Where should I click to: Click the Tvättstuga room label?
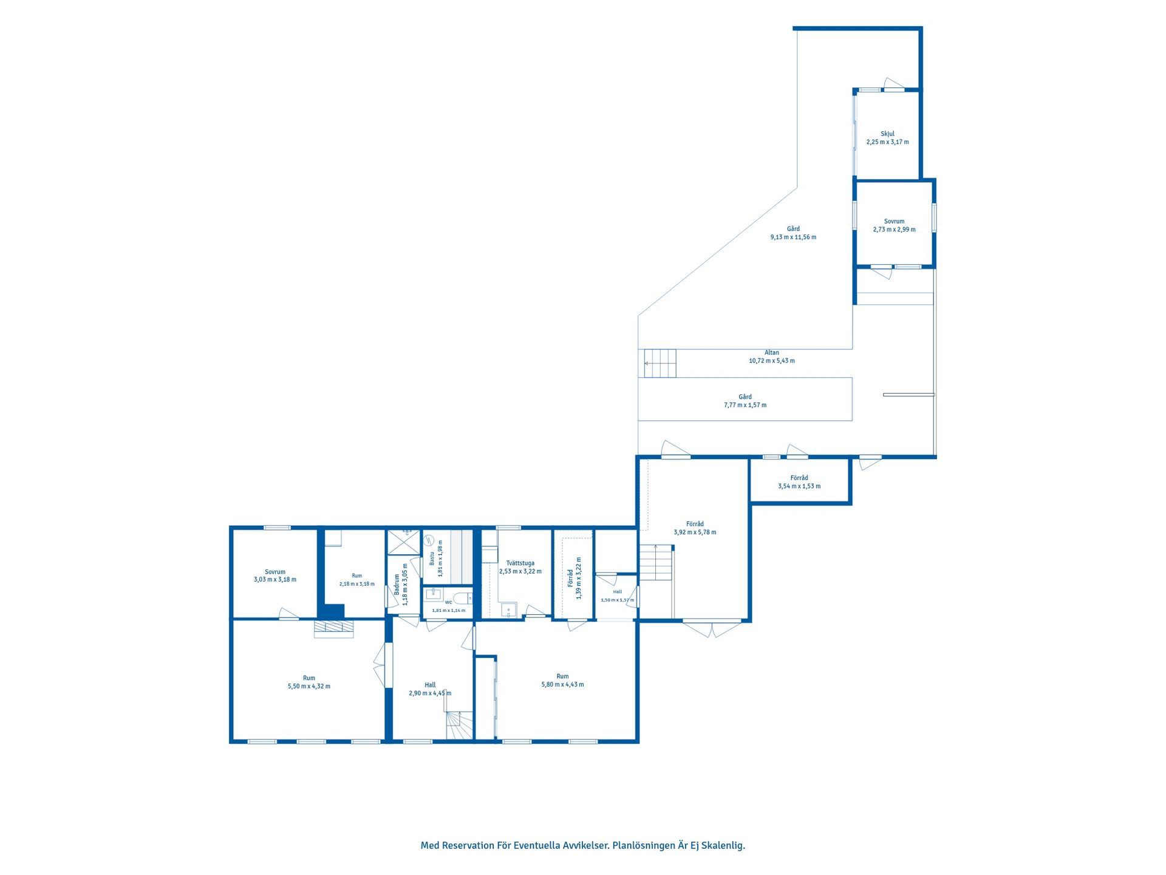(x=520, y=563)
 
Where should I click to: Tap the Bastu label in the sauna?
(x=432, y=558)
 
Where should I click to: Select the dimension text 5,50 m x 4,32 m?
(x=309, y=687)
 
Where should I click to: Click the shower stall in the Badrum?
(x=404, y=543)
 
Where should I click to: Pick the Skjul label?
(x=888, y=134)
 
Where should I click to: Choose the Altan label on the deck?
(x=772, y=352)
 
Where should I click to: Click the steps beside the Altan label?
(x=660, y=363)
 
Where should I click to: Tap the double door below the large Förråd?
(x=712, y=628)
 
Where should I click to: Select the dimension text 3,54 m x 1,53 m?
(x=799, y=486)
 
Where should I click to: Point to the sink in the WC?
(x=434, y=594)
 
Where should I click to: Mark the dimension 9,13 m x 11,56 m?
(x=793, y=237)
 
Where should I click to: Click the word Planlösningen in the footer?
(x=644, y=845)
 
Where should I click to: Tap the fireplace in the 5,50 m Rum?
(x=333, y=628)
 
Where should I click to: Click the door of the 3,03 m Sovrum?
(x=289, y=614)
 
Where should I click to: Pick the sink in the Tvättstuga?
(x=508, y=609)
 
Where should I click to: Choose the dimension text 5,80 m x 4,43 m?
(x=563, y=685)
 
